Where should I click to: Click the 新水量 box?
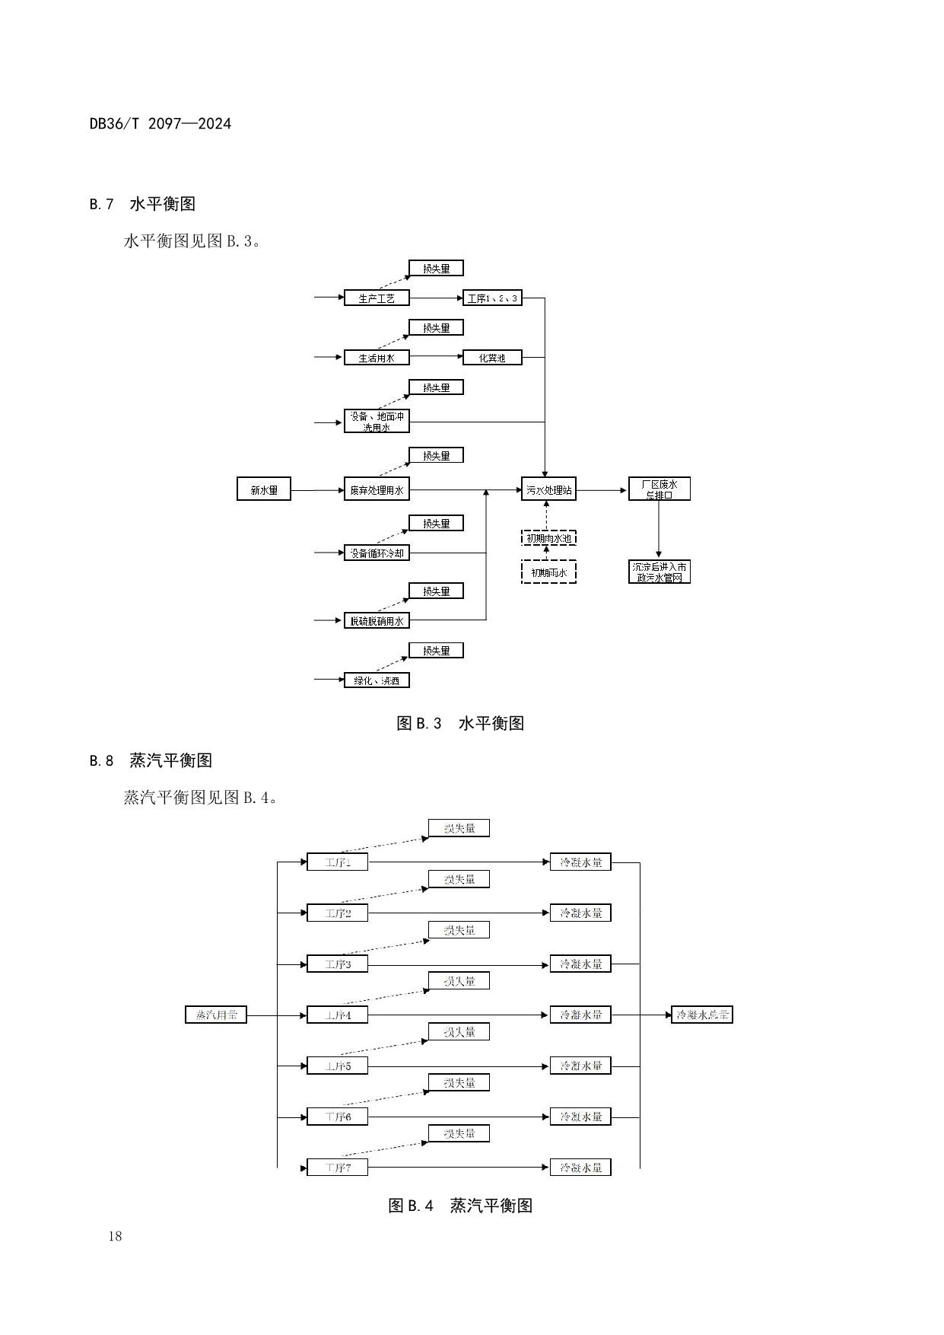click(x=264, y=490)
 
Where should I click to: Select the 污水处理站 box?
click(x=548, y=489)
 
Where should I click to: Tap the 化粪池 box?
click(x=492, y=357)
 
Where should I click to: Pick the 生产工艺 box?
click(x=377, y=298)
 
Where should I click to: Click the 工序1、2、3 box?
click(x=492, y=298)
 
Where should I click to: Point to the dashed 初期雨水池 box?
click(x=548, y=538)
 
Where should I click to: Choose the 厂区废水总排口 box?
click(x=659, y=489)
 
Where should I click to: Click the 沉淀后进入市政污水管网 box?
click(x=659, y=572)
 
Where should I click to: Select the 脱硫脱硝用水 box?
click(x=377, y=620)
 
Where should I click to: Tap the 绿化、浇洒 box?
click(x=377, y=680)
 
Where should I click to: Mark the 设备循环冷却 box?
click(x=377, y=553)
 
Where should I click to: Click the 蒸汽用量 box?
click(x=216, y=1015)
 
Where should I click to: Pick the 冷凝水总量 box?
click(x=701, y=1015)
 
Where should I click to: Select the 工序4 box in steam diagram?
click(x=337, y=1015)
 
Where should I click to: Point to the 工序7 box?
click(x=337, y=1167)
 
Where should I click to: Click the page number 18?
click(x=115, y=1236)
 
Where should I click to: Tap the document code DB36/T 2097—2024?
click(x=160, y=123)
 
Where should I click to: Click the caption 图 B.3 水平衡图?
click(x=460, y=723)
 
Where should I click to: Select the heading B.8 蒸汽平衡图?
click(x=151, y=760)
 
